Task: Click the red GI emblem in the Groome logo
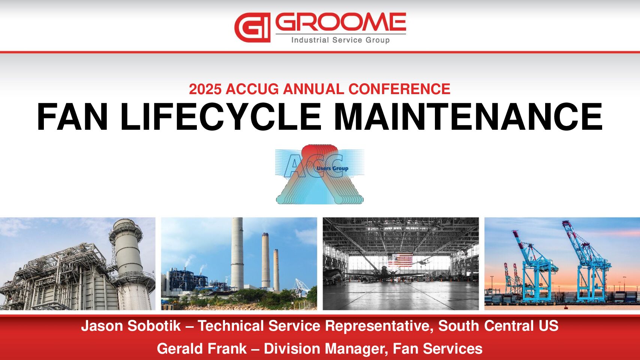coord(252,27)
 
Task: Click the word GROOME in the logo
coord(340,22)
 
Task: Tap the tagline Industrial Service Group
coord(340,40)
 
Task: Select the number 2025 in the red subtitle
coord(205,89)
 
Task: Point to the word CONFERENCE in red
coord(399,89)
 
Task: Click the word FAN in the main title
coord(72,117)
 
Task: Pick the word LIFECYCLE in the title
coord(221,117)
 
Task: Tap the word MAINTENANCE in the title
coord(468,117)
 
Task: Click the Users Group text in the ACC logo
coord(333,168)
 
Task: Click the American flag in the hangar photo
coord(400,260)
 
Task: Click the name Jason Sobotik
coord(131,326)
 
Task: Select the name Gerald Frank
coord(202,349)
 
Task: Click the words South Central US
coord(498,326)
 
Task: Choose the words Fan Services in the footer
coord(438,349)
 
